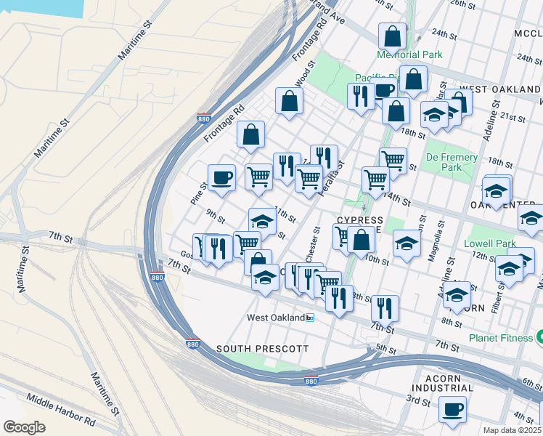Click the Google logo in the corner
coord(25,427)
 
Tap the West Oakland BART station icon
coord(310,318)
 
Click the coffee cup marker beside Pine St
coord(221,177)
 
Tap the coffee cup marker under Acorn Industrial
coord(454,409)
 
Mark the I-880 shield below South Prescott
coord(311,381)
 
